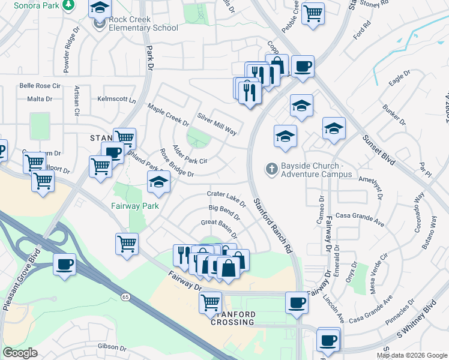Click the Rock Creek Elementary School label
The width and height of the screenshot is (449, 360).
click(143, 23)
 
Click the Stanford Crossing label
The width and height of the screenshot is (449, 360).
click(234, 318)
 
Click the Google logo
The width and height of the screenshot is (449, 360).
click(20, 353)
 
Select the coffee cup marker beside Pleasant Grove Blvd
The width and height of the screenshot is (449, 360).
click(64, 265)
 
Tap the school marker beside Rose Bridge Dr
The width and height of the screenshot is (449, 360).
click(158, 182)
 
